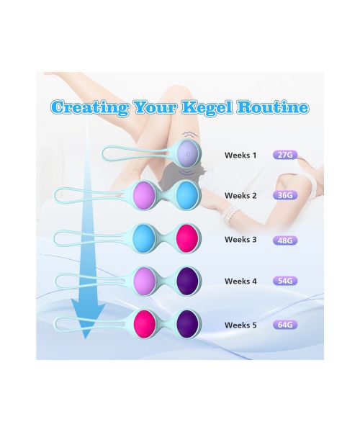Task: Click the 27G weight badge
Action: pyautogui.click(x=285, y=155)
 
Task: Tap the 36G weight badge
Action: pyautogui.click(x=285, y=195)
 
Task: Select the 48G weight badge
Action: pyautogui.click(x=285, y=240)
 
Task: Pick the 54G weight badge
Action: pyautogui.click(x=285, y=281)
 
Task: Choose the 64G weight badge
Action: pyautogui.click(x=285, y=325)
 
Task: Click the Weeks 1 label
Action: pyautogui.click(x=240, y=156)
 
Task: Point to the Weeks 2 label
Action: pyautogui.click(x=240, y=196)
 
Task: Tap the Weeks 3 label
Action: pyautogui.click(x=240, y=240)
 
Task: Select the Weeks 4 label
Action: pyautogui.click(x=240, y=282)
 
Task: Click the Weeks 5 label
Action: pyautogui.click(x=240, y=325)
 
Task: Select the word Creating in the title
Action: pyautogui.click(x=90, y=108)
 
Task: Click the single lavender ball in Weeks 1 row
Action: pyautogui.click(x=188, y=153)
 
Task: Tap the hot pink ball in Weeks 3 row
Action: pyautogui.click(x=186, y=238)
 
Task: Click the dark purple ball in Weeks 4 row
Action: pyautogui.click(x=186, y=281)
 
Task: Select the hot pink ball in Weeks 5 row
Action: pyautogui.click(x=144, y=324)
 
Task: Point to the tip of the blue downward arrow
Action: pyautogui.click(x=86, y=339)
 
